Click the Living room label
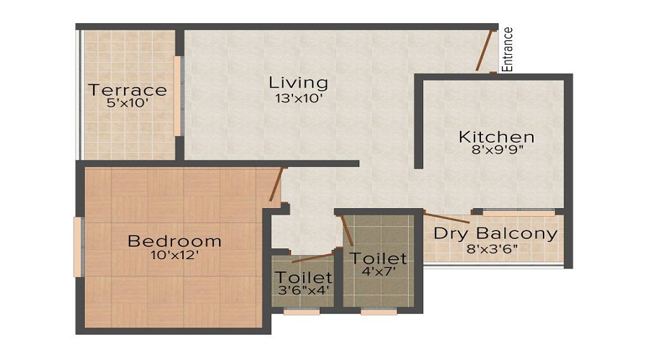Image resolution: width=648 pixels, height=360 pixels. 298,82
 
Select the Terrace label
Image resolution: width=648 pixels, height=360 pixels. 127,90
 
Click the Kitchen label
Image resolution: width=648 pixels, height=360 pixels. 497,137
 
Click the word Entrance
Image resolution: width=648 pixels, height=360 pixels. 508,48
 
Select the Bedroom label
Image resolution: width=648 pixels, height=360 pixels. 174,240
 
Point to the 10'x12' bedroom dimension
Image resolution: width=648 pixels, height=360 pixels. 174,255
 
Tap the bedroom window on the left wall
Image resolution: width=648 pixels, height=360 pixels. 78,247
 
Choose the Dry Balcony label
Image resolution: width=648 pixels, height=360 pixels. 495,234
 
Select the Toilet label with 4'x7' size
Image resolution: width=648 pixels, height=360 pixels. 378,258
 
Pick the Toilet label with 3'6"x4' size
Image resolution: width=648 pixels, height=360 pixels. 303,277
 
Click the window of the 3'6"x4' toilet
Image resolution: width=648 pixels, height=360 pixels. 302,312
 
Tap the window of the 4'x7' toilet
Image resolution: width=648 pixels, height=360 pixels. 379,312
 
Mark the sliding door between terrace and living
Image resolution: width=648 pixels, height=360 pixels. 178,95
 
